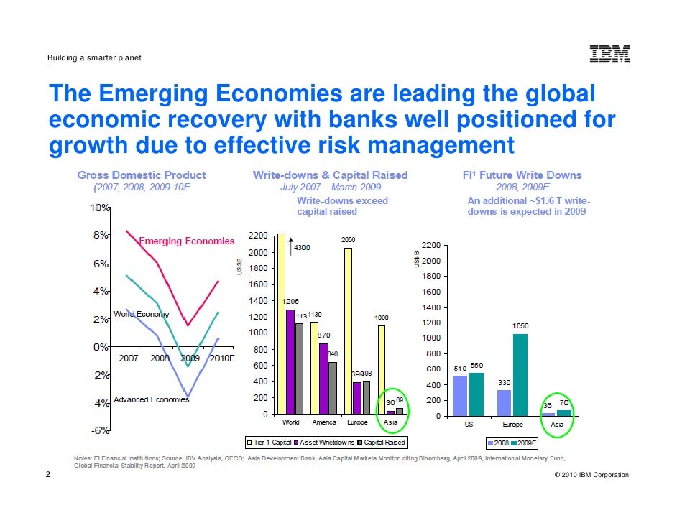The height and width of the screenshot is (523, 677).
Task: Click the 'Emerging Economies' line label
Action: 186,241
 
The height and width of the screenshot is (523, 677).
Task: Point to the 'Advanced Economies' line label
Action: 151,399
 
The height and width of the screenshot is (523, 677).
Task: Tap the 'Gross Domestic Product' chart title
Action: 142,175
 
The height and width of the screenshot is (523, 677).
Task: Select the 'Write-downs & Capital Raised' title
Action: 330,175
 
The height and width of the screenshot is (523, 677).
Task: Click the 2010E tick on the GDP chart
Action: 221,358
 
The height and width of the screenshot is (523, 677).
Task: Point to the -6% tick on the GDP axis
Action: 99,430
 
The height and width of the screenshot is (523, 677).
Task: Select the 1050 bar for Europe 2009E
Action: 520,374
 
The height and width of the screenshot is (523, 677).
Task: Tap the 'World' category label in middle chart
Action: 291,422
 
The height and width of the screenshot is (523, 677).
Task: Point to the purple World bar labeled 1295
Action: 290,361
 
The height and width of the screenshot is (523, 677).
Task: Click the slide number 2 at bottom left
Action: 47,475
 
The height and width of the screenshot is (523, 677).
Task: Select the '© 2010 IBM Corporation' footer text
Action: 588,475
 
